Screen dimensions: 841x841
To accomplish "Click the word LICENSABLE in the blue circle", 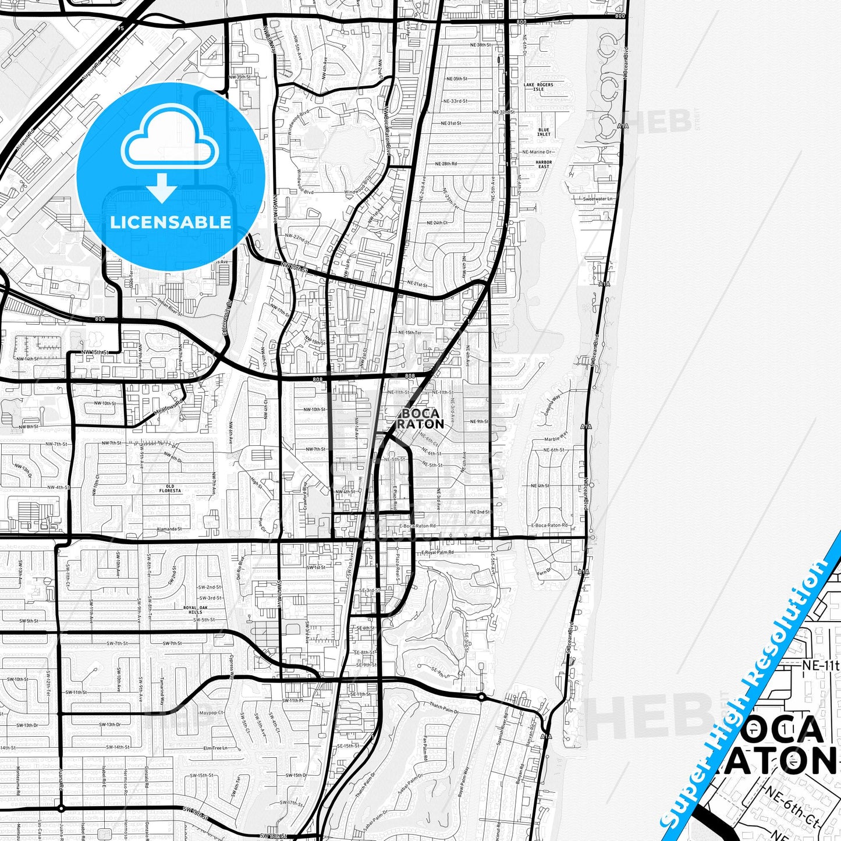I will click(171, 222).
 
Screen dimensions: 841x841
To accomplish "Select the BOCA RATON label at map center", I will click(420, 418).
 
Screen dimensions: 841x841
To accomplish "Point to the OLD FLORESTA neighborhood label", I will click(170, 488).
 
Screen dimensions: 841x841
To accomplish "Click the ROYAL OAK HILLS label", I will click(193, 610).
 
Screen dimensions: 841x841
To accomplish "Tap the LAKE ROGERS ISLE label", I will click(538, 87).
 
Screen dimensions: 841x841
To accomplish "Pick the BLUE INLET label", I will click(544, 132).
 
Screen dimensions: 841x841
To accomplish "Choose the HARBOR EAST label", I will click(544, 165).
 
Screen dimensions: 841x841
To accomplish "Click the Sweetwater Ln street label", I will click(598, 199).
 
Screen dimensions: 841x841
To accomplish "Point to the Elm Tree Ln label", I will click(215, 748).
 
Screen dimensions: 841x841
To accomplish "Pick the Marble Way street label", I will click(555, 437).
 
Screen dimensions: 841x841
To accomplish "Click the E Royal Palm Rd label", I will click(437, 552).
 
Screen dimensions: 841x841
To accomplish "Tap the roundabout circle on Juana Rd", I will click(61, 808).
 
